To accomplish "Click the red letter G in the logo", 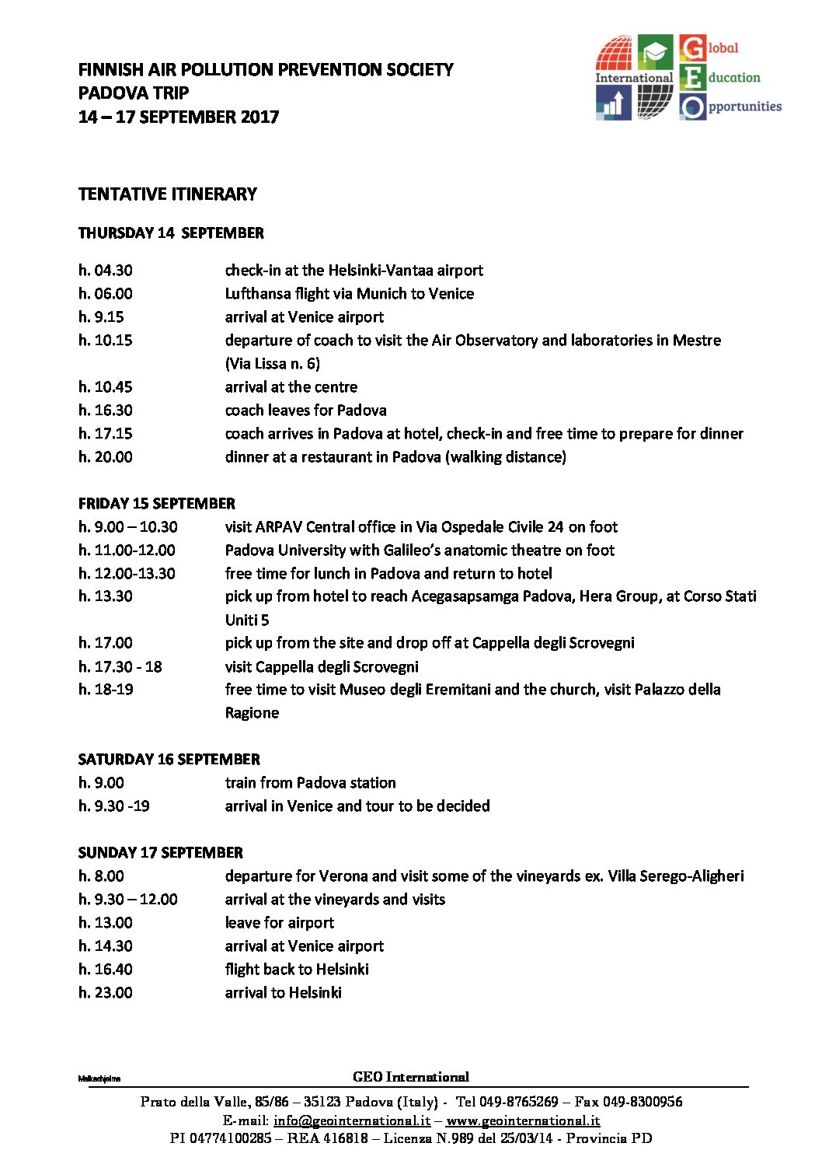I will pyautogui.click(x=692, y=48).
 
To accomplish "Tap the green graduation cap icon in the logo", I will pyautogui.click(x=655, y=52).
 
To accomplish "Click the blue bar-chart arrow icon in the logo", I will pyautogui.click(x=614, y=102).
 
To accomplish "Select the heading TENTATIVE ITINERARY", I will pyautogui.click(x=168, y=194).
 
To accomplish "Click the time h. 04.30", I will pyautogui.click(x=106, y=271).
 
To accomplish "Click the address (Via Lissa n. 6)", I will pyautogui.click(x=273, y=364).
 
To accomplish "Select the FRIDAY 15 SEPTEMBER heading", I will pyautogui.click(x=157, y=504).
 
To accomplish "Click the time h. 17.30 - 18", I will pyautogui.click(x=120, y=666).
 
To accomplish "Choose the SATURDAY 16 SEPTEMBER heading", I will pyautogui.click(x=169, y=760).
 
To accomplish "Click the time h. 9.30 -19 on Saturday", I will pyautogui.click(x=114, y=806).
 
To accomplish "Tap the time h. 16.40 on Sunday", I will pyautogui.click(x=106, y=970).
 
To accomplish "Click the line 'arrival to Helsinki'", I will pyautogui.click(x=284, y=993).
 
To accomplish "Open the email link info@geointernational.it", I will pyautogui.click(x=352, y=1120).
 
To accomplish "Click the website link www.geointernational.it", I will pyautogui.click(x=523, y=1120).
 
